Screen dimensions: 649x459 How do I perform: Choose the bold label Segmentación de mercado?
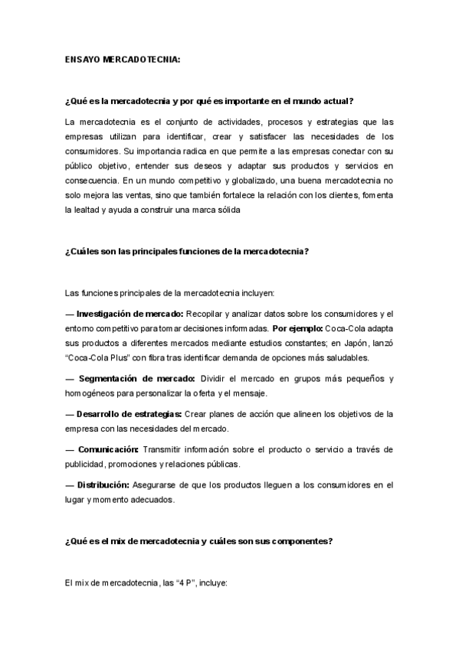click(136, 379)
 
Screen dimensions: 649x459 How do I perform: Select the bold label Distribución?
click(103, 484)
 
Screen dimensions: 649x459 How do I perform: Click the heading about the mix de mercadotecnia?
click(199, 542)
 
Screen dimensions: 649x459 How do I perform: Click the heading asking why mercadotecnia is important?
click(209, 102)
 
